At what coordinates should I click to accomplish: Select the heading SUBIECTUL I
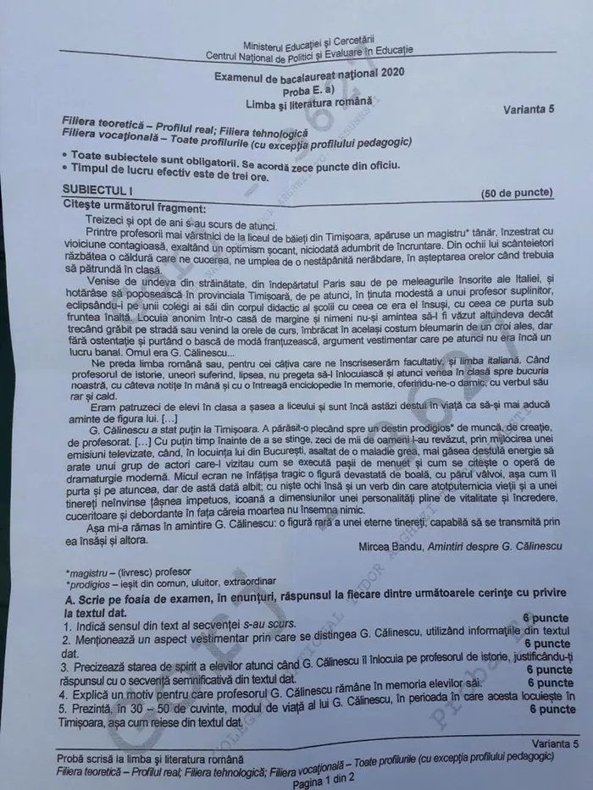(97, 192)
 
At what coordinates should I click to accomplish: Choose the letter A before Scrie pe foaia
(68, 599)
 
